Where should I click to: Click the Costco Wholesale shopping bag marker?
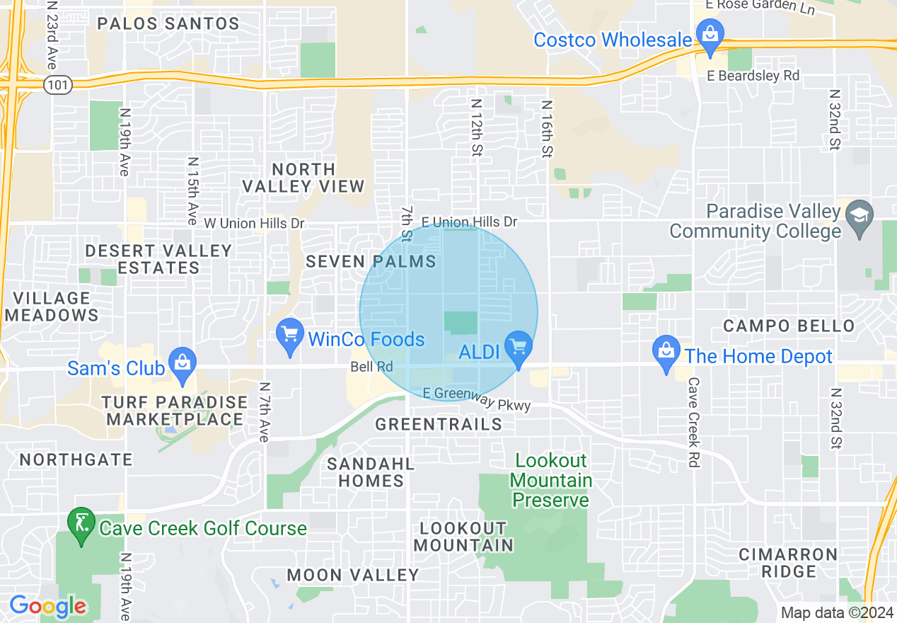point(707,33)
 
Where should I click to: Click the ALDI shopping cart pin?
point(519,346)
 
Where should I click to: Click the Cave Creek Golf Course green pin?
point(81,523)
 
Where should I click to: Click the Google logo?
point(47,606)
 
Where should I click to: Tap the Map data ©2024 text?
point(835,612)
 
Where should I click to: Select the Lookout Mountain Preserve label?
point(550,481)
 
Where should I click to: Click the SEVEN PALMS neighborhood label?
point(371,262)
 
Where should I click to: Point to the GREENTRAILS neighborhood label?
point(439,425)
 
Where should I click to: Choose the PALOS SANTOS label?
point(168,23)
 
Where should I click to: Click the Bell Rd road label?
point(371,367)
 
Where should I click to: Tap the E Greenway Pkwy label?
point(476,398)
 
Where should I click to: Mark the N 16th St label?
point(545,128)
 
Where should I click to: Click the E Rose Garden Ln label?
point(760,6)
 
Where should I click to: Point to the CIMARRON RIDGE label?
point(788,563)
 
